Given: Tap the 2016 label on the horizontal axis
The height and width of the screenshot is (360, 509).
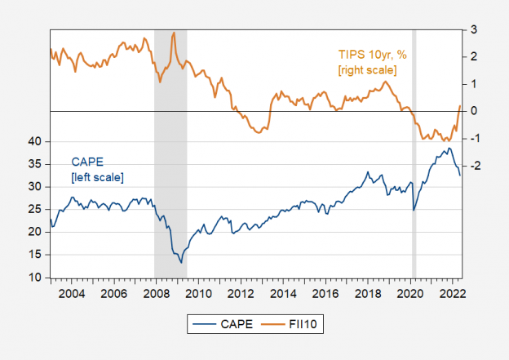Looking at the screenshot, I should pyautogui.click(x=325, y=293).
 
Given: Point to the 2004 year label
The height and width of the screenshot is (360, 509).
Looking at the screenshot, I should pyautogui.click(x=69, y=293).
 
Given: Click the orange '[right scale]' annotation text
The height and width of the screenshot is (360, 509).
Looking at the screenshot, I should pyautogui.click(x=368, y=71).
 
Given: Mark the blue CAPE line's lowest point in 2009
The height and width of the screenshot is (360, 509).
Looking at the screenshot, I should pyautogui.click(x=181, y=262).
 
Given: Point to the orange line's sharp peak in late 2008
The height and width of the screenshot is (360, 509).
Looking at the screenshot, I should pyautogui.click(x=174, y=33).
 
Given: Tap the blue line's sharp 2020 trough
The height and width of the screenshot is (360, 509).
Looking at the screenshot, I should pyautogui.click(x=414, y=211).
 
